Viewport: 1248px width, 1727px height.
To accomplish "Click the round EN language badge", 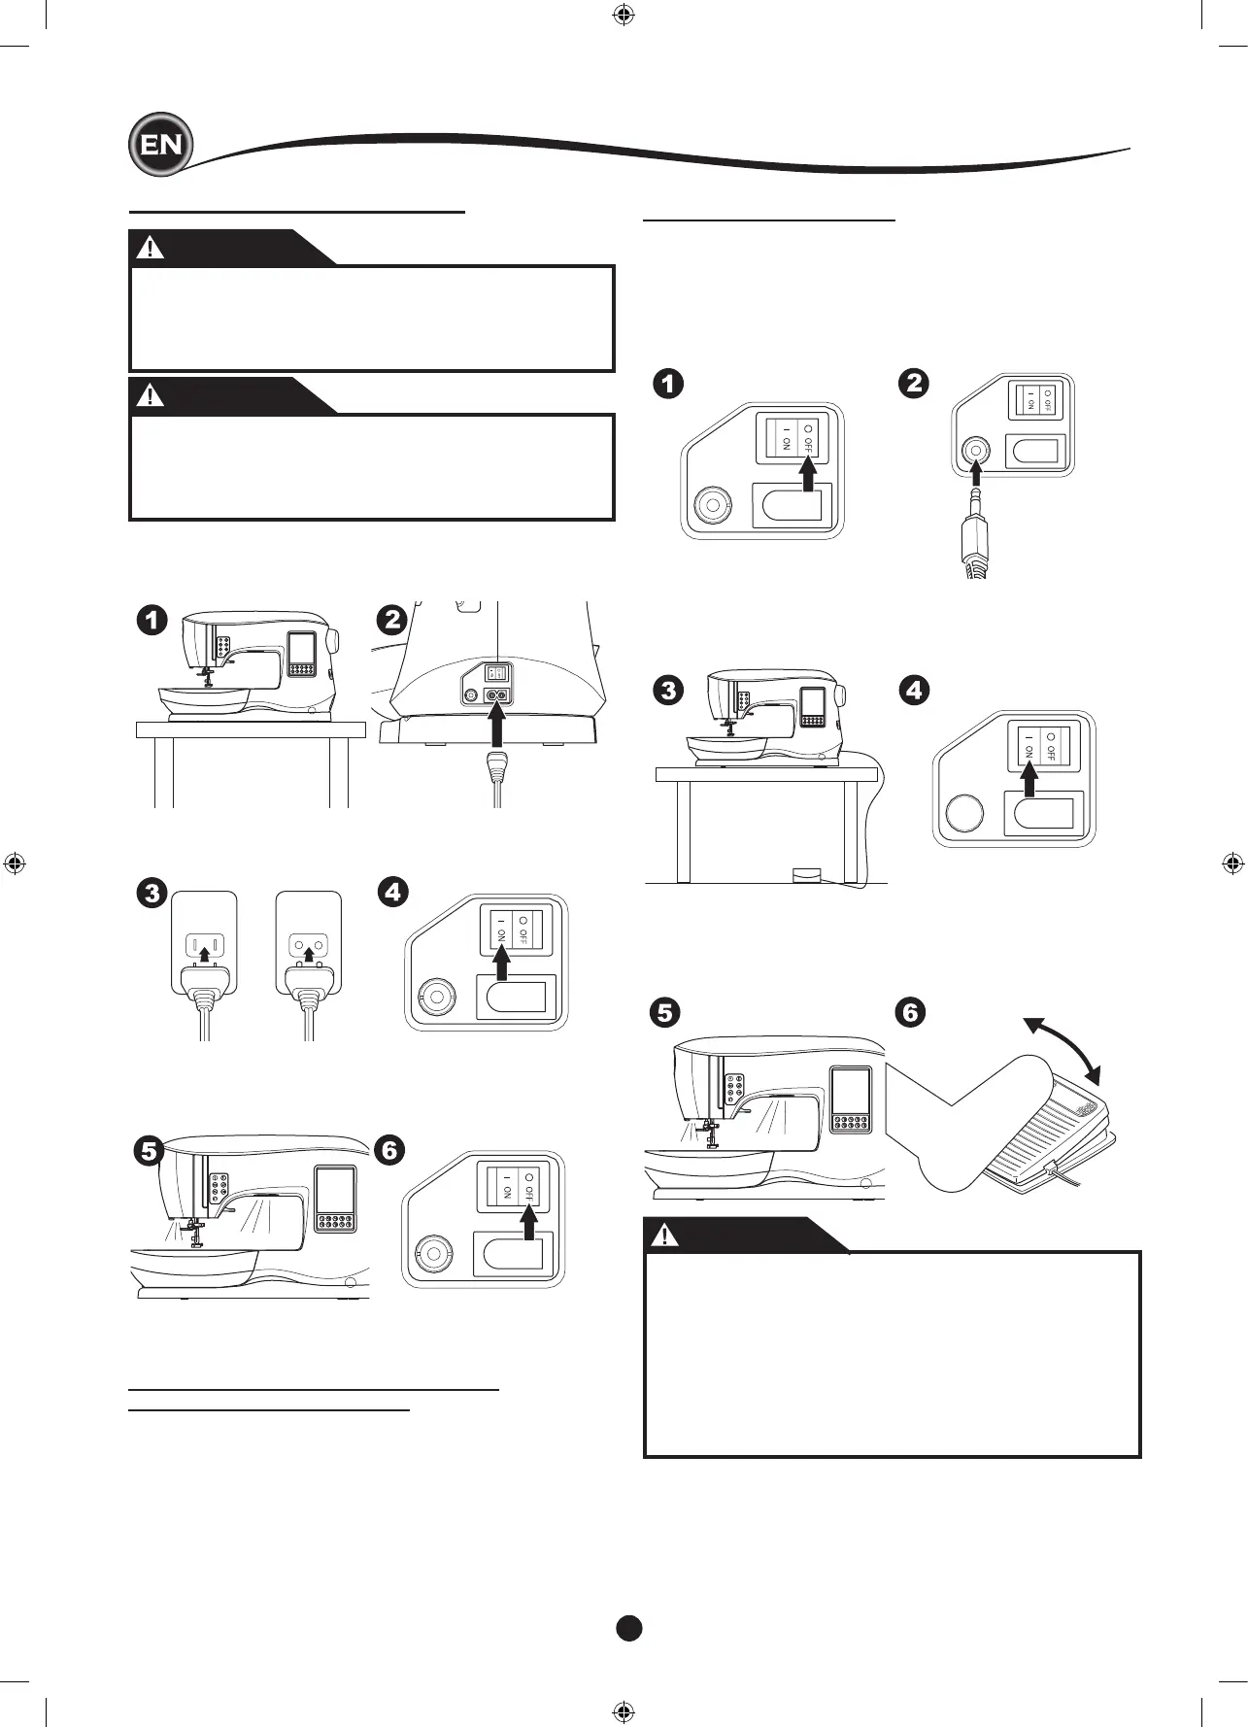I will click(x=161, y=145).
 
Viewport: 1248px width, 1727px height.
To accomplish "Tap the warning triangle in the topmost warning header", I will click(x=150, y=248).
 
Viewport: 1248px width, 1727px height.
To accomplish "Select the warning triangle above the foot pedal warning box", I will click(x=665, y=1235).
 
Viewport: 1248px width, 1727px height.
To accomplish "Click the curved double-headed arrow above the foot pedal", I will click(x=1065, y=1048).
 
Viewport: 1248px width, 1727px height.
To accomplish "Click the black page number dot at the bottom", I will click(x=629, y=1628).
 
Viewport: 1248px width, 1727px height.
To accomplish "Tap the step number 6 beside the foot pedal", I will click(x=910, y=1012).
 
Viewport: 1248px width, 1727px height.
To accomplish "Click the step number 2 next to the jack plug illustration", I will click(x=914, y=383).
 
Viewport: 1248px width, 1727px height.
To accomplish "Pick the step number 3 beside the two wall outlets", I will click(x=152, y=892).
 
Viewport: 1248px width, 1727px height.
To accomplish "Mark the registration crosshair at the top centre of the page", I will click(x=624, y=15).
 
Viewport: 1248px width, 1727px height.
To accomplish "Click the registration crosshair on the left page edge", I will click(x=15, y=863).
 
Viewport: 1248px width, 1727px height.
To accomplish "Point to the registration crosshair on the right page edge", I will click(x=1232, y=863).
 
